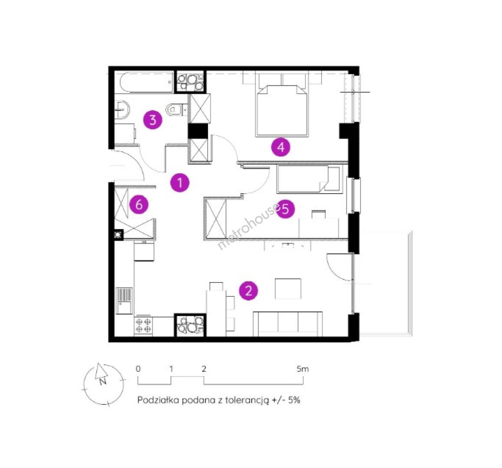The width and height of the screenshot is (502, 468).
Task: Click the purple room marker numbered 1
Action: point(180,183)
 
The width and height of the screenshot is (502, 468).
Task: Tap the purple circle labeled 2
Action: point(249,291)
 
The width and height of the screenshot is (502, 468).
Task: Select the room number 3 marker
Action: point(153,120)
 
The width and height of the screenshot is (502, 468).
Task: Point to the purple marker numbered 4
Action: point(280,147)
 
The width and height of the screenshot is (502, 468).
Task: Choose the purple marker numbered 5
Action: point(285,209)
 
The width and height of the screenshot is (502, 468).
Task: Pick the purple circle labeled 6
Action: point(139,204)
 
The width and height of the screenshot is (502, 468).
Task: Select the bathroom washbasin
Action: point(121,110)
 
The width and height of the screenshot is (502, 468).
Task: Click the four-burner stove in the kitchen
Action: point(144,325)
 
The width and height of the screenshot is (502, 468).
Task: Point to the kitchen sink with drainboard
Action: point(124,300)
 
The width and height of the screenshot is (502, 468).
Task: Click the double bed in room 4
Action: point(282,105)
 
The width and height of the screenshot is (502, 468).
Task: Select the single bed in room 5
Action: point(309,179)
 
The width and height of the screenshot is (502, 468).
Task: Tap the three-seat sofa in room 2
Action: point(288,324)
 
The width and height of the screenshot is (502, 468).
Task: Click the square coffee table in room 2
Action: point(288,289)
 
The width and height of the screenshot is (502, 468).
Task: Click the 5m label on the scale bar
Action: point(302,369)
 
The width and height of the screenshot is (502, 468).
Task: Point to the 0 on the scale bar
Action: point(138,369)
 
